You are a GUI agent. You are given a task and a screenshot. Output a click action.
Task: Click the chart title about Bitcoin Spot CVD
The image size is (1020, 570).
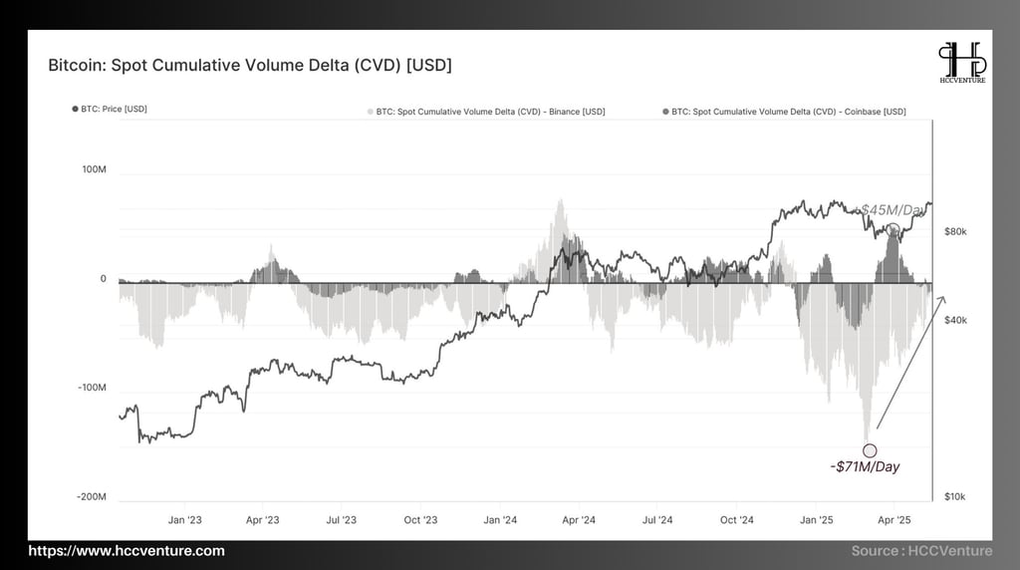coord(249,66)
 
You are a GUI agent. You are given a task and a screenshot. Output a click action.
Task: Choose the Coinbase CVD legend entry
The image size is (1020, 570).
coord(788,112)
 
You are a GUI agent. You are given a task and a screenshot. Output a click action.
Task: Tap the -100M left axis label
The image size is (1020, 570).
coord(92,388)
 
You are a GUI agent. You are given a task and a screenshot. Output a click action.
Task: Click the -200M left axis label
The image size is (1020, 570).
coord(92,496)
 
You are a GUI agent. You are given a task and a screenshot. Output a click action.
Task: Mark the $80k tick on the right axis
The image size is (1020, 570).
coord(955,231)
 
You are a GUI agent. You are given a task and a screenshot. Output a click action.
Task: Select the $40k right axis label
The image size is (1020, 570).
coord(955,320)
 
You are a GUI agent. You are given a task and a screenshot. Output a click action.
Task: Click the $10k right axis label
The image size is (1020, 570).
coord(954,496)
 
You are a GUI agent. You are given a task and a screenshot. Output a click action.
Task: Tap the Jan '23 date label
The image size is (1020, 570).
coord(185,520)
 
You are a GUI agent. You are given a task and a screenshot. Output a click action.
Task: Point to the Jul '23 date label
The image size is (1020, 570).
coord(342,520)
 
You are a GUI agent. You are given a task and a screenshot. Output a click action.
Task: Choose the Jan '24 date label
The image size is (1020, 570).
coord(500,520)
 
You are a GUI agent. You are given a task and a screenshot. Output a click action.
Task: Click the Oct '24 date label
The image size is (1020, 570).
coord(736,520)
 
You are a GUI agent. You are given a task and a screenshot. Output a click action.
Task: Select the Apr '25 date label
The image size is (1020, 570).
coord(893,520)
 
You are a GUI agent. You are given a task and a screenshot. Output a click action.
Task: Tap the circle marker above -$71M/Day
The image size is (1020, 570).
coord(870,450)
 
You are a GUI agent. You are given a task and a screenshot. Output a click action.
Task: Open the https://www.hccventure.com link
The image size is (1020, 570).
coord(127,551)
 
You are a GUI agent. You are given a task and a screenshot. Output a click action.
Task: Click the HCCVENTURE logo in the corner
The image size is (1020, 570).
coord(962,63)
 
